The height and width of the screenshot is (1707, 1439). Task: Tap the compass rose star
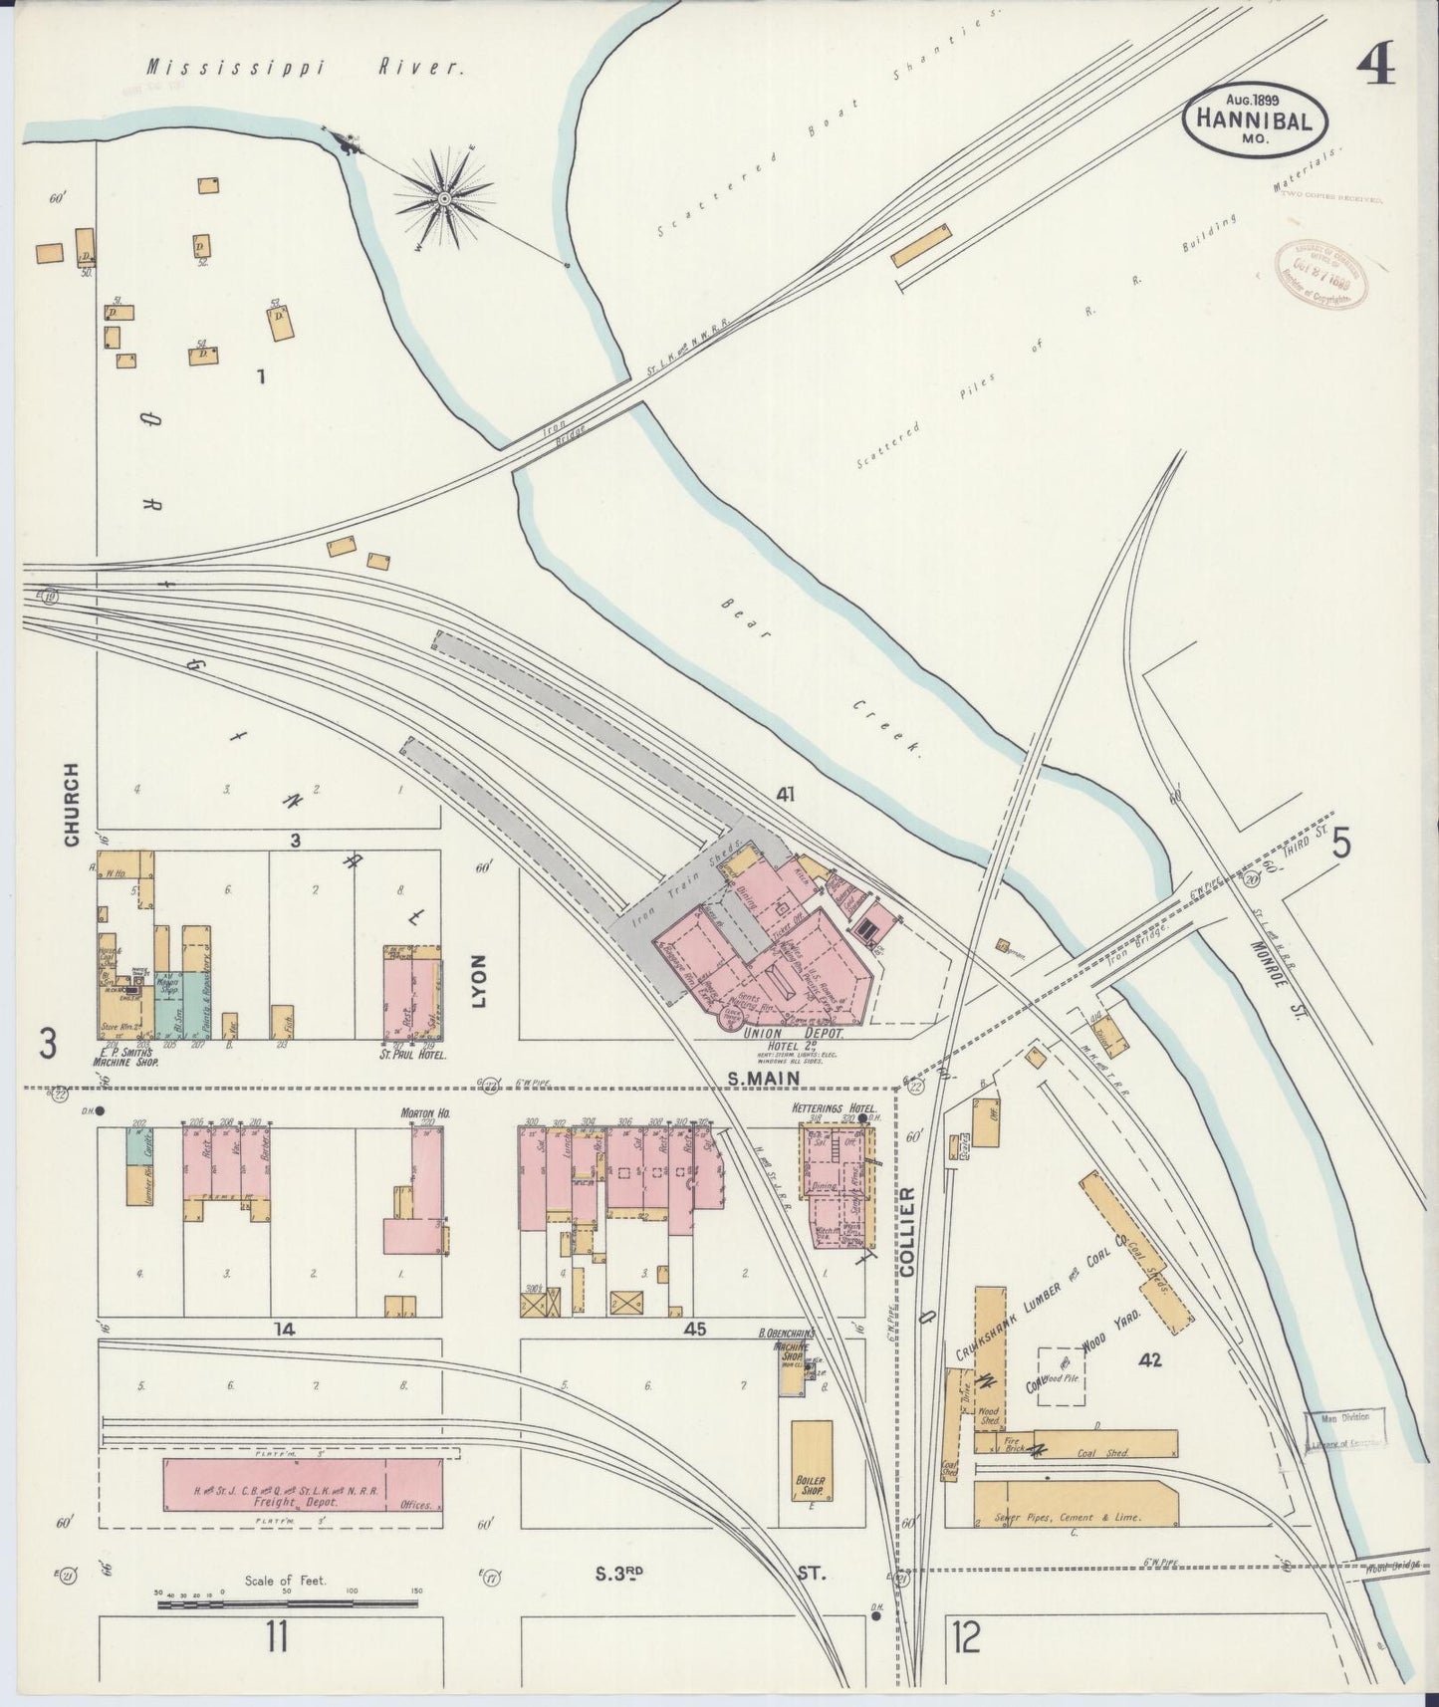click(441, 198)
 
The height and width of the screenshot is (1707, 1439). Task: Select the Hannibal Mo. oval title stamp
click(1255, 118)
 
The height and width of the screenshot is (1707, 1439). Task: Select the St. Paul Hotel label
click(412, 1053)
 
